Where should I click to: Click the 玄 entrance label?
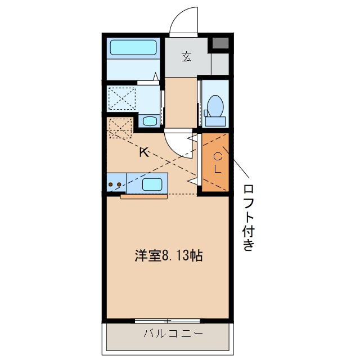[186, 56]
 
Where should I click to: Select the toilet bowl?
[215, 105]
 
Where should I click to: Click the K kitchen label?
[144, 152]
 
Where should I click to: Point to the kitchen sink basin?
[153, 183]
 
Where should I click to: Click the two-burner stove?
[116, 184]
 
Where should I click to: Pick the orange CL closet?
[216, 163]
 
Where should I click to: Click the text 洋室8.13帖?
[168, 256]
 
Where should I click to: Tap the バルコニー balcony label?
[167, 334]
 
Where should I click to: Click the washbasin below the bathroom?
[149, 120]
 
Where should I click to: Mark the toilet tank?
[215, 120]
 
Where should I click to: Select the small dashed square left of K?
[119, 127]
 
